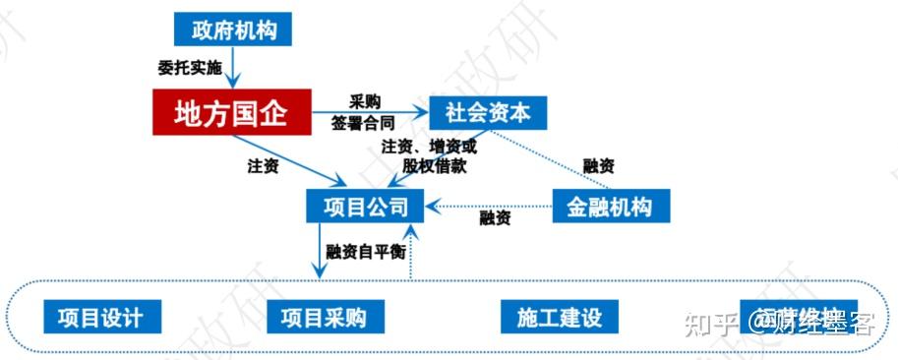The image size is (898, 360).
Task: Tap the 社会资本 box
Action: pyautogui.click(x=487, y=112)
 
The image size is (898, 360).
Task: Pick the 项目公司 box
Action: pyautogui.click(x=365, y=207)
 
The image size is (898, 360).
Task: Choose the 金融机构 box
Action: pyautogui.click(x=611, y=207)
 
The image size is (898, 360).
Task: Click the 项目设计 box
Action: pyautogui.click(x=101, y=317)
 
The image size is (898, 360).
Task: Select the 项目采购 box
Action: pyautogui.click(x=324, y=317)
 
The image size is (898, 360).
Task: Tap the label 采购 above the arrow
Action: pyautogui.click(x=365, y=101)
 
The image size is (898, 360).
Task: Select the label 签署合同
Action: pyautogui.click(x=364, y=124)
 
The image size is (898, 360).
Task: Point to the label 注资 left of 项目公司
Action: pyautogui.click(x=263, y=166)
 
